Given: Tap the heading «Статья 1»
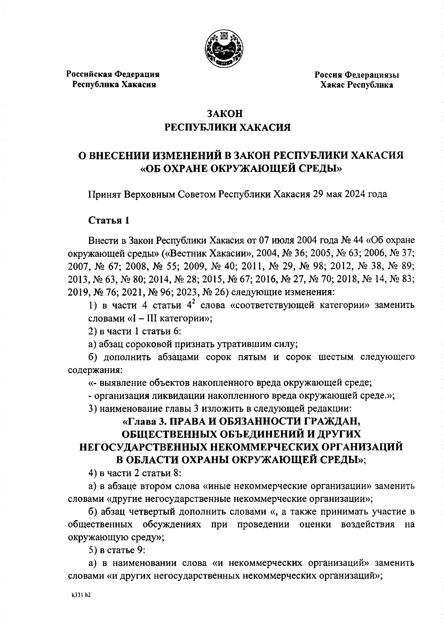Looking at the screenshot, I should point(109,221).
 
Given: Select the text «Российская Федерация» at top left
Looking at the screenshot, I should point(113,74).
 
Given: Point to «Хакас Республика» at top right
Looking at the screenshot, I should point(357,85).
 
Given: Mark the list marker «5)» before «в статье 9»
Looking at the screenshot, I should point(93,550).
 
